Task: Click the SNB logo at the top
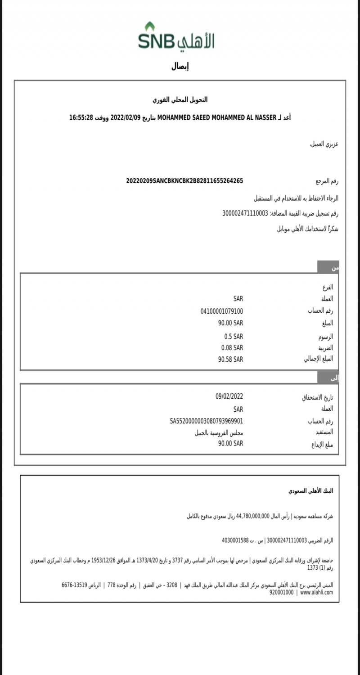click(x=176, y=37)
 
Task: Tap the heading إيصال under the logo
click(x=180, y=67)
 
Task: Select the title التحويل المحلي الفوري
click(x=180, y=100)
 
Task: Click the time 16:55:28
click(x=81, y=118)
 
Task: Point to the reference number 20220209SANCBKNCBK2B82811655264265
click(x=184, y=181)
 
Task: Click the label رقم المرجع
click(x=327, y=182)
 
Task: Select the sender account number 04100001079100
click(x=222, y=311)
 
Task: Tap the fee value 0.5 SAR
click(x=234, y=336)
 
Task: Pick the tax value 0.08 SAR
click(x=232, y=347)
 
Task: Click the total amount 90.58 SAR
click(x=230, y=359)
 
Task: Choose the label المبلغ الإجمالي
click(x=319, y=359)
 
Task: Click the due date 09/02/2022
click(x=229, y=396)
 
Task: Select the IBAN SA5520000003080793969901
click(x=207, y=421)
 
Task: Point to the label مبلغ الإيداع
click(x=319, y=445)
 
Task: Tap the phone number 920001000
click(x=281, y=593)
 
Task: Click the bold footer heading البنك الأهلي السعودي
click(x=311, y=490)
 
